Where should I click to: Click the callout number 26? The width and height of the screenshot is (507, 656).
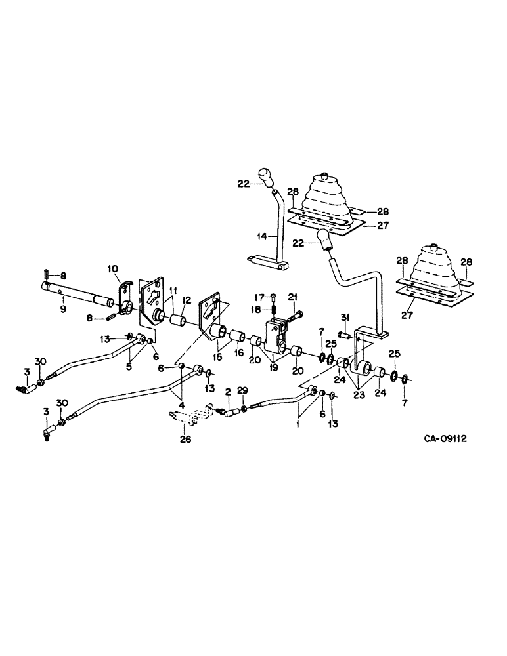pos(186,440)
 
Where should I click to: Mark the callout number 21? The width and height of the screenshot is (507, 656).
pos(293,296)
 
